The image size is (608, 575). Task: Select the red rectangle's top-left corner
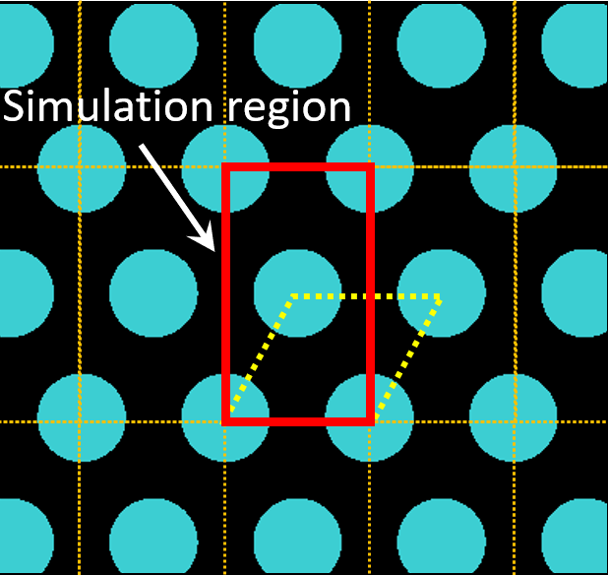click(x=227, y=167)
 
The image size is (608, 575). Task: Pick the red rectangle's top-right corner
click(x=371, y=167)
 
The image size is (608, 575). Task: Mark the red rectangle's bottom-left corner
click(x=227, y=421)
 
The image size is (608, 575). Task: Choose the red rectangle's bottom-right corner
click(x=371, y=421)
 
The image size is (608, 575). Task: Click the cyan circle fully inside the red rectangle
click(x=298, y=293)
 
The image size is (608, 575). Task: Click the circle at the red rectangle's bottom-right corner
click(x=370, y=419)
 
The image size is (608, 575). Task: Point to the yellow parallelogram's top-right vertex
click(x=440, y=295)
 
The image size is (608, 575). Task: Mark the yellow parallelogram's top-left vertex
click(x=293, y=295)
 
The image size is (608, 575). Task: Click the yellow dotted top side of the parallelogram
click(x=366, y=295)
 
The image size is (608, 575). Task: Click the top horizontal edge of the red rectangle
click(x=299, y=167)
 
